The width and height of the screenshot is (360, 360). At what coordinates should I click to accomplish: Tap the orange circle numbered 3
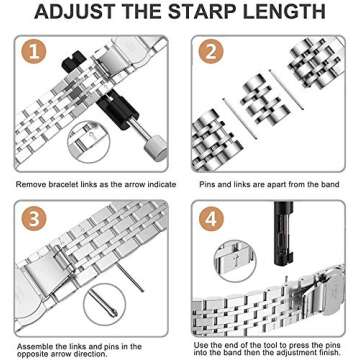[34, 217]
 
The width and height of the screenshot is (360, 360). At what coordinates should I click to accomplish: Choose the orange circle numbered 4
[209, 218]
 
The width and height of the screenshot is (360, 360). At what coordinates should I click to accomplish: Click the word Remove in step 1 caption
[31, 184]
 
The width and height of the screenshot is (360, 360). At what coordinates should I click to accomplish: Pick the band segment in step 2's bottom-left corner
[215, 136]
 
